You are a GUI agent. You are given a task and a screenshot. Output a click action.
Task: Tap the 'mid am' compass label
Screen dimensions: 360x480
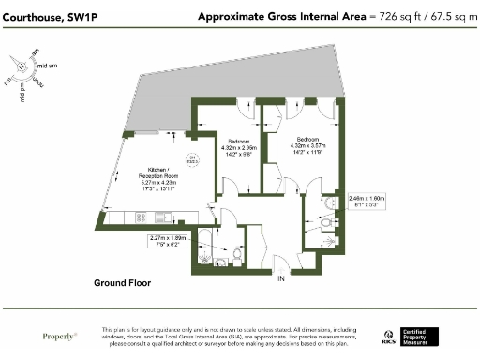coord(47,65)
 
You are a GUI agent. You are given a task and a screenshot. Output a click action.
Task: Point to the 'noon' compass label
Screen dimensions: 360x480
coord(37,83)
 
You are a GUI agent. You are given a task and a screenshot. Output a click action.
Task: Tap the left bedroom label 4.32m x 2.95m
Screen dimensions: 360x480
coord(238,147)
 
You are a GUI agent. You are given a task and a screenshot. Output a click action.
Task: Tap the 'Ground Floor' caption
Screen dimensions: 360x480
coord(128,282)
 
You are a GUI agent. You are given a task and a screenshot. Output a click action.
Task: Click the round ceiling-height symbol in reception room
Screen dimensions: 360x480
coord(192,158)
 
